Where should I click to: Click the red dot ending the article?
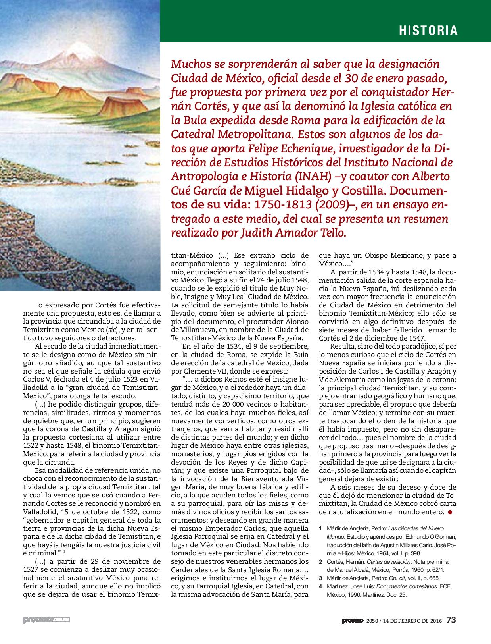point(450,512)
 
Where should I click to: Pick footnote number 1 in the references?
point(320,529)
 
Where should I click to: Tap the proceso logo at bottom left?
point(46,620)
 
